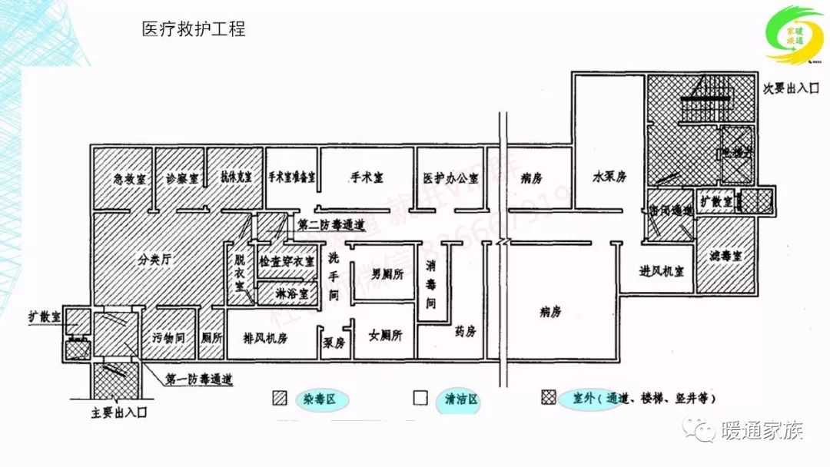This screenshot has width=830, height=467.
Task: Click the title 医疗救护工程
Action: tap(194, 30)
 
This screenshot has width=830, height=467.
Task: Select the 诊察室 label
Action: tap(182, 179)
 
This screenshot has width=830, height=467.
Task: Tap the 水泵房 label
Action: tap(609, 177)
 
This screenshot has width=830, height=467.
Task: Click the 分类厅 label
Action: tap(154, 260)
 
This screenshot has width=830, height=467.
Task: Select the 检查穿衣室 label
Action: tap(287, 262)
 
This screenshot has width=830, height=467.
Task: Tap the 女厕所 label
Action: tap(385, 336)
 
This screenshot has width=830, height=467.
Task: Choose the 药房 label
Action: tap(466, 332)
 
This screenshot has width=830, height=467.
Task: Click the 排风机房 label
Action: tap(265, 338)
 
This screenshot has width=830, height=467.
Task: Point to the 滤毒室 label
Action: tap(725, 257)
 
